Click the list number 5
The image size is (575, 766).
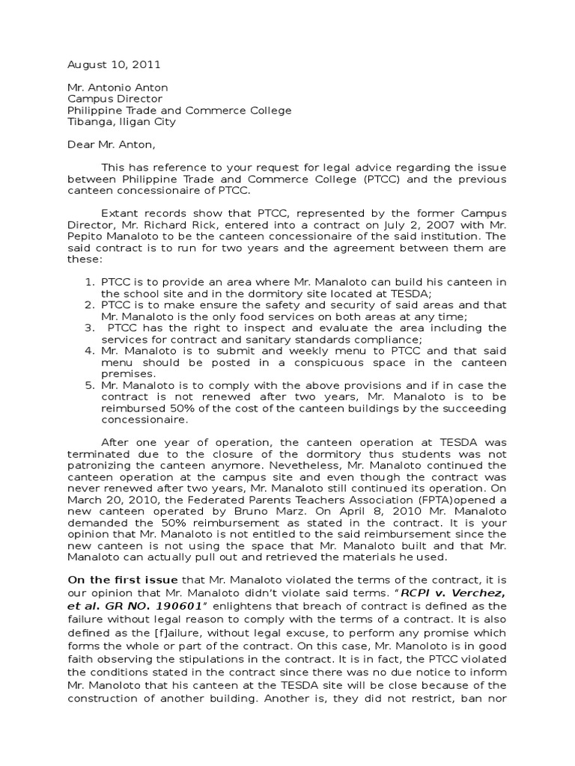(x=88, y=385)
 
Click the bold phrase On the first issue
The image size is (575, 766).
(x=124, y=580)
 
